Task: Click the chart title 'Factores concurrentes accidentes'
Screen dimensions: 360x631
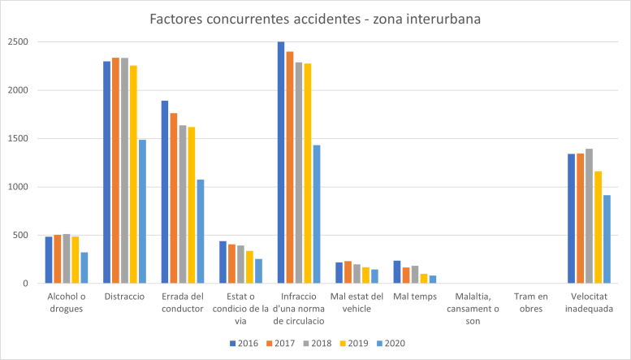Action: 315,18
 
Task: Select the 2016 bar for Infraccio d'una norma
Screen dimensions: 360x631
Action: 281,163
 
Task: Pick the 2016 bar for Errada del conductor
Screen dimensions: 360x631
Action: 165,192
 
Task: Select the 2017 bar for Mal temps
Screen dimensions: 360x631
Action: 406,275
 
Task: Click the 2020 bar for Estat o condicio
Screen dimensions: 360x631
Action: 258,271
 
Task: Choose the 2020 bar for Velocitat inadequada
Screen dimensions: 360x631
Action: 607,239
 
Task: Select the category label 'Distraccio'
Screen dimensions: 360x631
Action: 124,297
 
